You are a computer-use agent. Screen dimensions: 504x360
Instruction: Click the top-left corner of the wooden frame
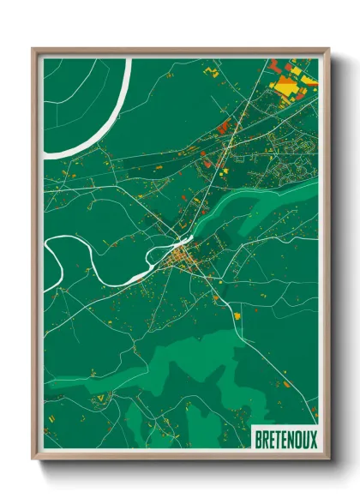click(34, 50)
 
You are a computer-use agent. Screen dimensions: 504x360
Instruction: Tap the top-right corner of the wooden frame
click(327, 50)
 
